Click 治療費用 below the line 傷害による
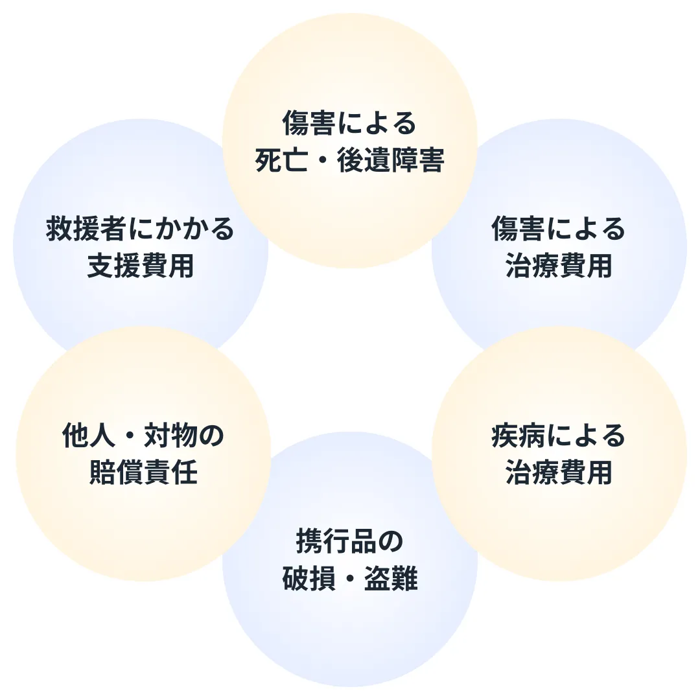559,266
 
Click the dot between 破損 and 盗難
350,579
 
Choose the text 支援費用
141,266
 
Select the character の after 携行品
390,542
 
